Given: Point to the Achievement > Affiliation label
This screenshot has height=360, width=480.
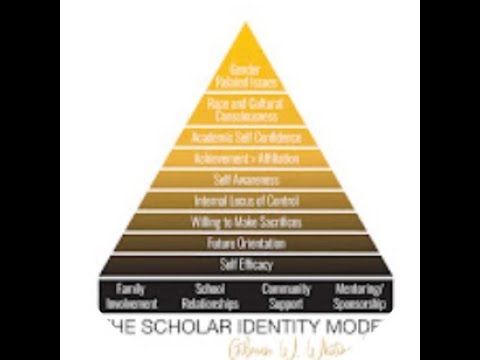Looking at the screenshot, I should coord(239,158).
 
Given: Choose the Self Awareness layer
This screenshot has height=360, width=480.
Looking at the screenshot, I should coord(239,179).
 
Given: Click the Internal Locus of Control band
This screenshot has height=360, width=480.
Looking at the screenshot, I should coord(239,200).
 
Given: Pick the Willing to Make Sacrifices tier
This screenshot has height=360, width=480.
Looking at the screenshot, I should coord(239,221).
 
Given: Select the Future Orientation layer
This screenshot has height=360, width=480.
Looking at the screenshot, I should coord(239,243).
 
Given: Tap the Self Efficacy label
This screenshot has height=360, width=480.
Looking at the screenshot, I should coord(239,265).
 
